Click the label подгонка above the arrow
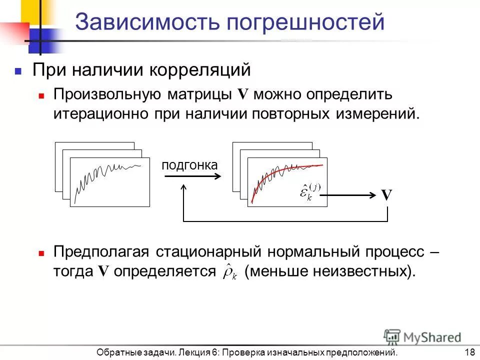click(190, 165)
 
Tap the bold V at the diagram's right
click(386, 195)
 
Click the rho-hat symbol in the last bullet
click(230, 271)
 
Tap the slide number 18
click(469, 352)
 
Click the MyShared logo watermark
click(422, 336)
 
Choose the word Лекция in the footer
click(192, 352)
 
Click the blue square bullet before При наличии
click(18, 71)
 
